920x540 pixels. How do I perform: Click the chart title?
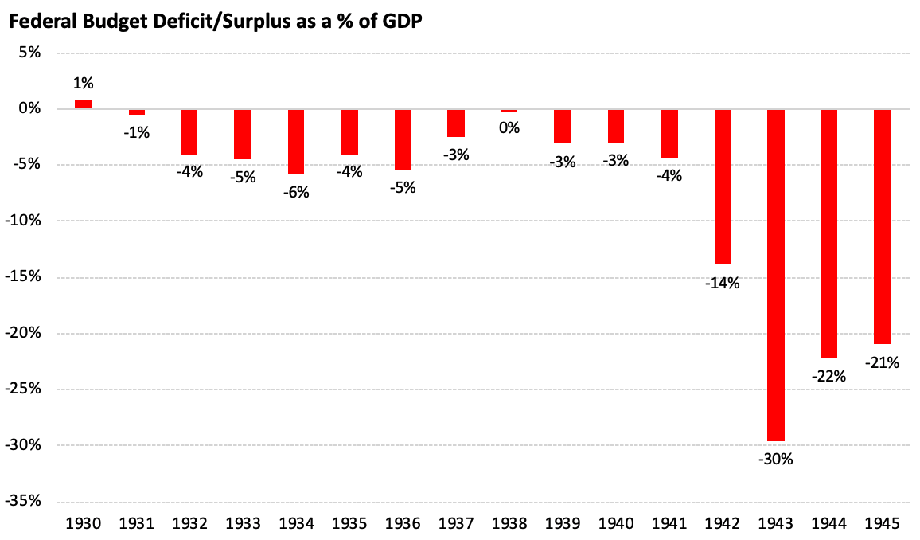216,22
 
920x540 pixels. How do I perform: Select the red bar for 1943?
776,275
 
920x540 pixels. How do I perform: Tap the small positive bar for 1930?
84,104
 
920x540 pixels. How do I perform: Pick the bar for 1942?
723,186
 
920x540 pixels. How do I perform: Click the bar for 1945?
883,226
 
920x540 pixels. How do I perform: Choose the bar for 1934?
296,142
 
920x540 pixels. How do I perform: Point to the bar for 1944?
829,233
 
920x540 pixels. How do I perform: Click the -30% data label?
776,459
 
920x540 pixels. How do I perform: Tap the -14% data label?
723,284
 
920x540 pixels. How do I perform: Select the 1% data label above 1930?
84,84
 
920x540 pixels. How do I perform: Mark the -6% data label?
296,193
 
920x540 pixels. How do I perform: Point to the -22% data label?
829,376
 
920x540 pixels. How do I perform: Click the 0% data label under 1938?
509,128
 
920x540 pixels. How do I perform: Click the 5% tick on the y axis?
29,53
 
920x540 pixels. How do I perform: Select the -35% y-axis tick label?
23,501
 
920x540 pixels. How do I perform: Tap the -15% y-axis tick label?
23,276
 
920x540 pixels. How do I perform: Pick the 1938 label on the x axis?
509,523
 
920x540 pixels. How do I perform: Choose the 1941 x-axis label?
669,523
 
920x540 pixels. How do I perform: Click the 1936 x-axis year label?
403,523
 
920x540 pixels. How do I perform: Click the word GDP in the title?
403,22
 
